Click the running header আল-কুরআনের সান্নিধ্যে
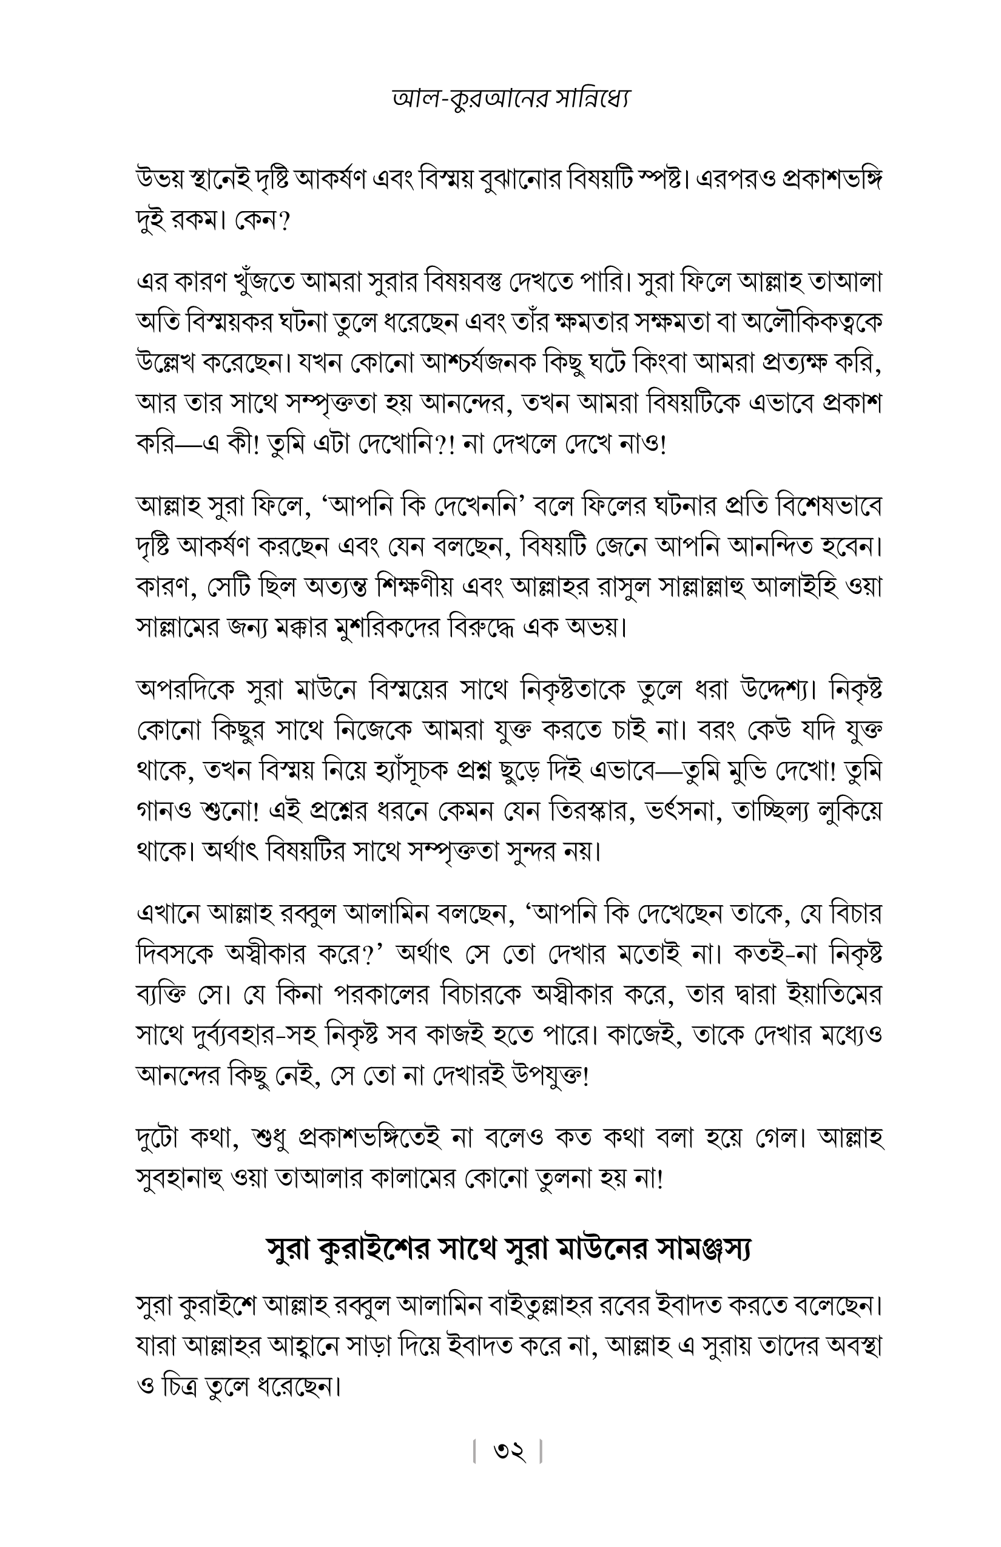click(511, 99)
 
